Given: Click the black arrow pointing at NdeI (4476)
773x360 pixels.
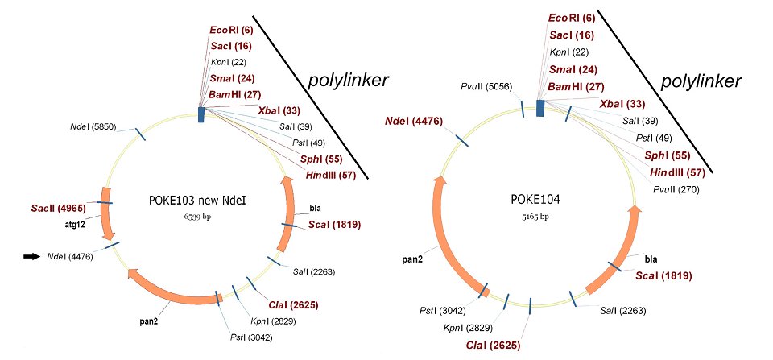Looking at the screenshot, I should click(x=31, y=256).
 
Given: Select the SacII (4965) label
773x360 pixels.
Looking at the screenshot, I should click(x=59, y=208).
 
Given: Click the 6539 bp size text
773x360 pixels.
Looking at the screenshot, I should click(x=198, y=217).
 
